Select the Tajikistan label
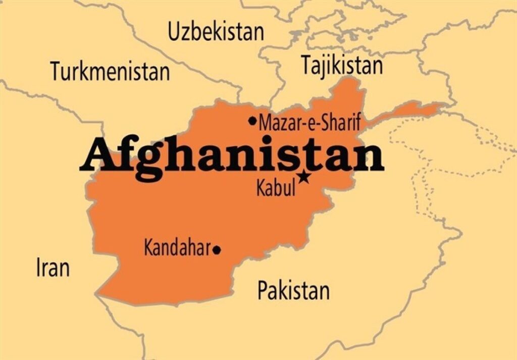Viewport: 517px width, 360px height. [x=342, y=65]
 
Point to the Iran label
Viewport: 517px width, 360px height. [x=53, y=267]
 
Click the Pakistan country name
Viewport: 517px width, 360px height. [x=293, y=291]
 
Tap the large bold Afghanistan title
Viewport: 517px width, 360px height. [x=231, y=157]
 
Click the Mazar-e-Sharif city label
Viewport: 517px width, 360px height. [x=309, y=123]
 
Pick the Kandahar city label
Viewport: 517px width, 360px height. [x=177, y=248]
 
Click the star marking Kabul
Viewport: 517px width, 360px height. [x=304, y=177]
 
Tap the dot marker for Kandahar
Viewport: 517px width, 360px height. [x=217, y=249]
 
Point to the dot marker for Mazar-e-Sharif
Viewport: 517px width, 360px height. [x=252, y=121]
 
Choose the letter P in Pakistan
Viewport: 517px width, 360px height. [x=263, y=291]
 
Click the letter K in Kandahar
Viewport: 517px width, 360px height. [x=149, y=248]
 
